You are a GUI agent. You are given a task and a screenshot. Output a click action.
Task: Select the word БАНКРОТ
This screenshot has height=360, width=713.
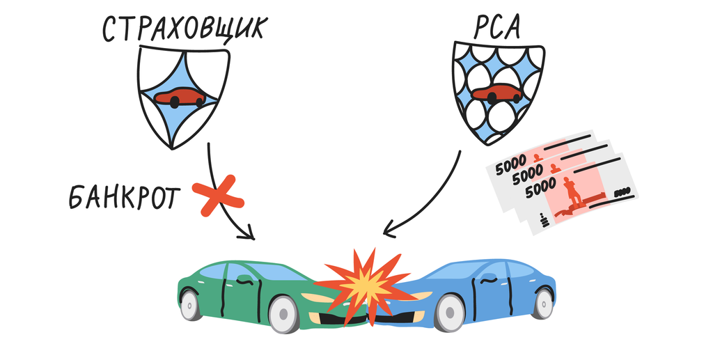pos(123,198)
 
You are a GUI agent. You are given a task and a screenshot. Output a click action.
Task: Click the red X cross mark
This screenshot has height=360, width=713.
pos(217,198)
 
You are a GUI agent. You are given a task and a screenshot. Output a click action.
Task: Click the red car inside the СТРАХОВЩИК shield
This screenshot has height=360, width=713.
pos(180,97)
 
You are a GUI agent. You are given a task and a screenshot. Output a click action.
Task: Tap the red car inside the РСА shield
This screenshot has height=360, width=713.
pos(496,93)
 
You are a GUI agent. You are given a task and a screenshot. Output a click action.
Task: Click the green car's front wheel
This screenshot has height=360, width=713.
pos(283,314)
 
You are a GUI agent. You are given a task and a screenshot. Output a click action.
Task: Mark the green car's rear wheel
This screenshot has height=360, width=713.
pos(190,305)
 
